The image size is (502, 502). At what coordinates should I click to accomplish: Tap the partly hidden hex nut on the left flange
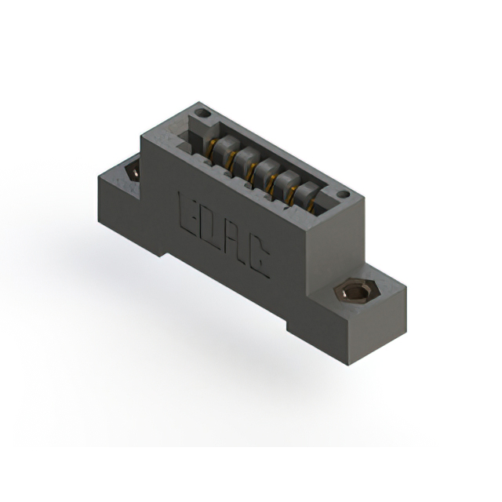[x=133, y=171]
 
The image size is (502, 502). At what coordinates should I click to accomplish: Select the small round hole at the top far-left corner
[x=202, y=112]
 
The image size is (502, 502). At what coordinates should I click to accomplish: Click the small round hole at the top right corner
[x=344, y=195]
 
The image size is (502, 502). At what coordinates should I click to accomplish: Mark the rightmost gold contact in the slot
[x=311, y=206]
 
